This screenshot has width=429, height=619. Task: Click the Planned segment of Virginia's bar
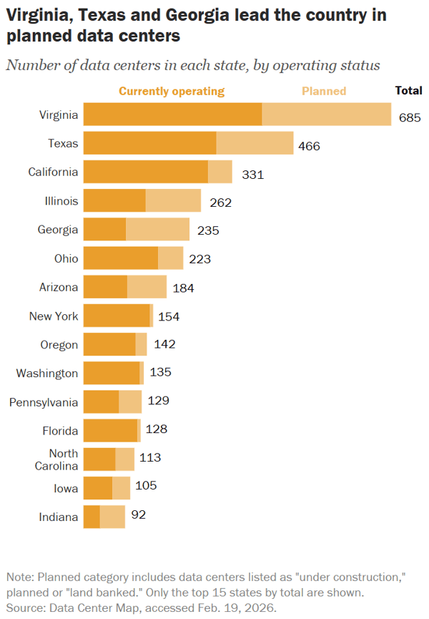327,114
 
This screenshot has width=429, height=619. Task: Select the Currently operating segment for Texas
150,143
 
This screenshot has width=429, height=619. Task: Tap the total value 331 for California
252,175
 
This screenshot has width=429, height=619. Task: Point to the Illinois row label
61,201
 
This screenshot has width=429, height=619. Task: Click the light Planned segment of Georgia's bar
158,230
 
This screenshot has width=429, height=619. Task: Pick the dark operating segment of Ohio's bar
121,258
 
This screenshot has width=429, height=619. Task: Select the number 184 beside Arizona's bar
183,288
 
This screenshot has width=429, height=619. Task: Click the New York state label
54,316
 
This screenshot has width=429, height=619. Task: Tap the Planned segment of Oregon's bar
141,344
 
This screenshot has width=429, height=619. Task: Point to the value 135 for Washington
160,372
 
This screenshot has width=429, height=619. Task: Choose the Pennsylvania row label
44,402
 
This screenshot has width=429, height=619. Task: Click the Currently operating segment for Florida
110,431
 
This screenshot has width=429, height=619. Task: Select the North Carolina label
56,459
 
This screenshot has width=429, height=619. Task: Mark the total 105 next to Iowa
146,485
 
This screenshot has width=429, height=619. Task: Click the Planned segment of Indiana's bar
112,517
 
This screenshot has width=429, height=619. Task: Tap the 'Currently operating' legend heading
172,91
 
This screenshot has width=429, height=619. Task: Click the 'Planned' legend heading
324,91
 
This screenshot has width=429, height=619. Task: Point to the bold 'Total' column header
409,90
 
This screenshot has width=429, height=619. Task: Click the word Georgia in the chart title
197,15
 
